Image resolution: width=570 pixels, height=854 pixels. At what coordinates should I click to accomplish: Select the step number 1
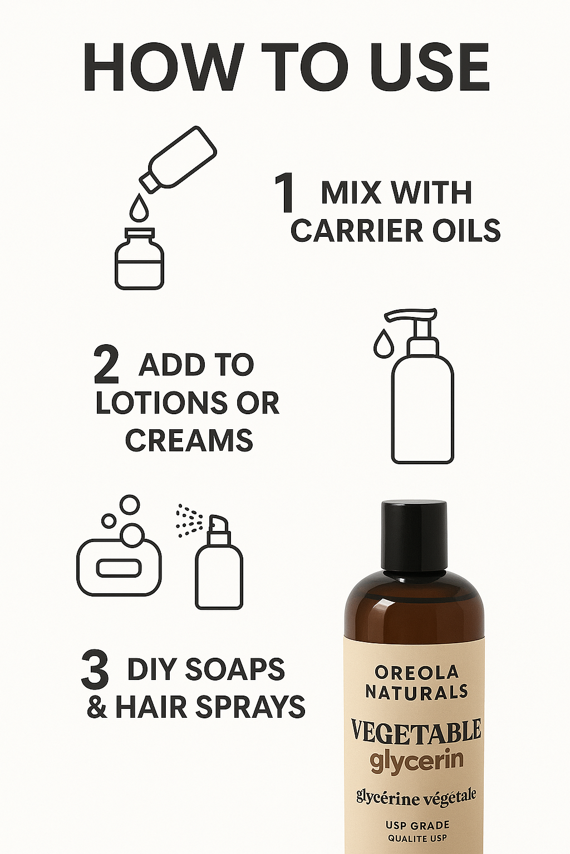point(286,193)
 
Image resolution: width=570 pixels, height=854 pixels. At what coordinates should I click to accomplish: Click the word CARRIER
point(356,231)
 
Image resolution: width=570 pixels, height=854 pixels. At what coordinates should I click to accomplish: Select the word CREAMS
point(189,440)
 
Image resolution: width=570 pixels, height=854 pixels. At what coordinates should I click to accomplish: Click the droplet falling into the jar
point(139,208)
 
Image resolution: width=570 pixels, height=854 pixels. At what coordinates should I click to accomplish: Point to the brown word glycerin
point(416,760)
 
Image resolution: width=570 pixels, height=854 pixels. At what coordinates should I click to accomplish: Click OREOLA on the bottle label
point(416,672)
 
